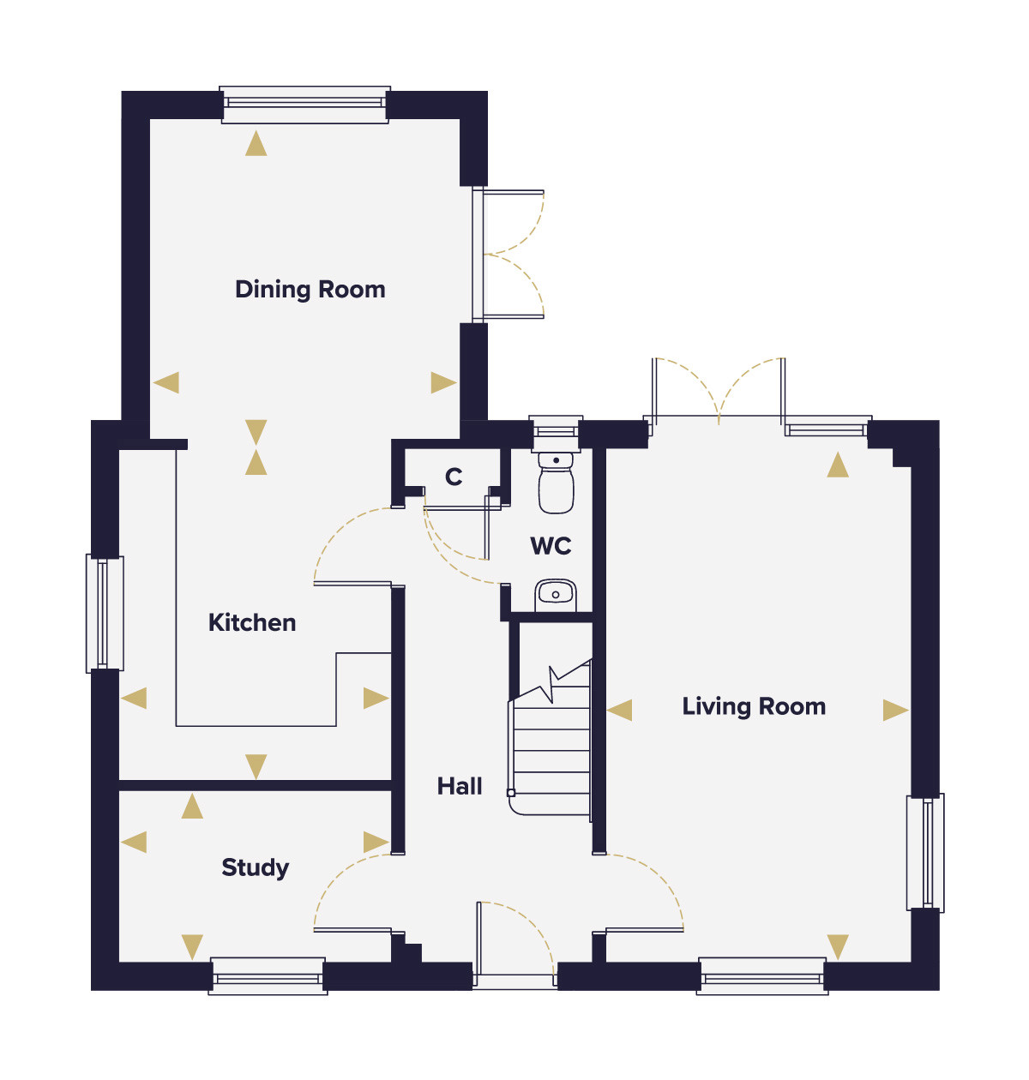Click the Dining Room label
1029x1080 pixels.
[x=310, y=290]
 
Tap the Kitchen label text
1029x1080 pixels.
[x=252, y=623]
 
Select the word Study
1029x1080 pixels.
[x=255, y=868]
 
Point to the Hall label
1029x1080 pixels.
[x=460, y=787]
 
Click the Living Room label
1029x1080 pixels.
[x=754, y=706]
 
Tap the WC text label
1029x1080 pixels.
[x=551, y=545]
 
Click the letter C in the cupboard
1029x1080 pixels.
[x=454, y=477]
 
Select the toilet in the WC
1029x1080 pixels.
[x=557, y=483]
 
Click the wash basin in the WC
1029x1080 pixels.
[x=555, y=595]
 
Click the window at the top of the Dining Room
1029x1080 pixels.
[x=305, y=105]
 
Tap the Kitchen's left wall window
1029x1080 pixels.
[x=105, y=614]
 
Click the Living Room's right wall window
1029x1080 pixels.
[x=925, y=853]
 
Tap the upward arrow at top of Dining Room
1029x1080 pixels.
[x=256, y=143]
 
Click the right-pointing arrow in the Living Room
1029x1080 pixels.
[x=895, y=711]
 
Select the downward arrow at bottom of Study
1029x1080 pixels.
[x=192, y=947]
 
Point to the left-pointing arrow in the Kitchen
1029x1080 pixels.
[x=134, y=699]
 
